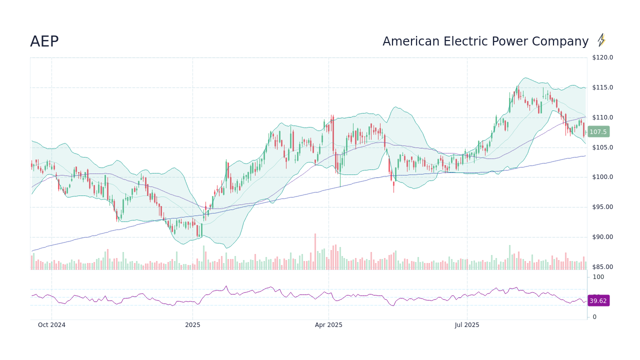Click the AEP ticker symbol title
coord(44,42)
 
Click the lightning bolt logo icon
coord(601,40)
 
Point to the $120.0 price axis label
coord(602,57)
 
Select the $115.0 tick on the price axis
coord(602,87)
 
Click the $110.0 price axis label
coord(602,117)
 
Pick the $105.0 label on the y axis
coord(602,147)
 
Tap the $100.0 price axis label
coord(602,177)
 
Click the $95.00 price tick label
coord(602,207)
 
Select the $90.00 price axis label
coord(602,237)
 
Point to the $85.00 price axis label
coord(602,267)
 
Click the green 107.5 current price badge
coord(598,132)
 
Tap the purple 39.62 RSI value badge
coord(598,301)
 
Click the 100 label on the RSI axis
coord(598,277)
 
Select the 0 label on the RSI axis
coord(594,317)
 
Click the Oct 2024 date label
coord(51,325)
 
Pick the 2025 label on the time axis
coord(192,325)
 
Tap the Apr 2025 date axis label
coord(328,325)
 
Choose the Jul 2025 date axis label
coord(467,325)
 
